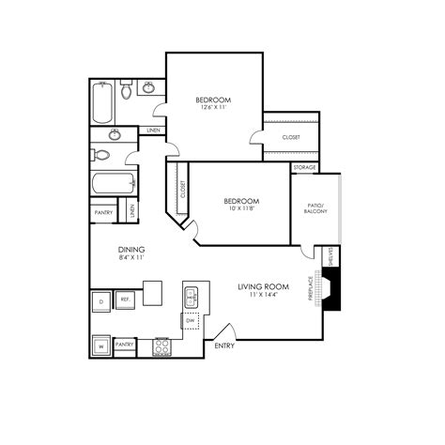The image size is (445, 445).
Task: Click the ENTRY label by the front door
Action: click(x=224, y=346)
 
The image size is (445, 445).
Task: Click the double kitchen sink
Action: click(x=192, y=297)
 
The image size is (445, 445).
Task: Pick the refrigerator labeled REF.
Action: click(x=125, y=300)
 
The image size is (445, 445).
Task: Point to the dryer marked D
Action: click(x=100, y=300)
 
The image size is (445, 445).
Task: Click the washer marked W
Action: click(x=100, y=345)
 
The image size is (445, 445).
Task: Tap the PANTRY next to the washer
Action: click(x=125, y=345)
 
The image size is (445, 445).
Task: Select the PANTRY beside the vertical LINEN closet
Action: click(x=102, y=213)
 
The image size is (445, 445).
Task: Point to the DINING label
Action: click(x=130, y=249)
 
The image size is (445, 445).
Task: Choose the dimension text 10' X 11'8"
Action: click(x=240, y=208)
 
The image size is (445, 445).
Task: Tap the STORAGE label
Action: click(x=304, y=167)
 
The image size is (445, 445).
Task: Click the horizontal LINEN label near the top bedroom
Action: click(x=153, y=130)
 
